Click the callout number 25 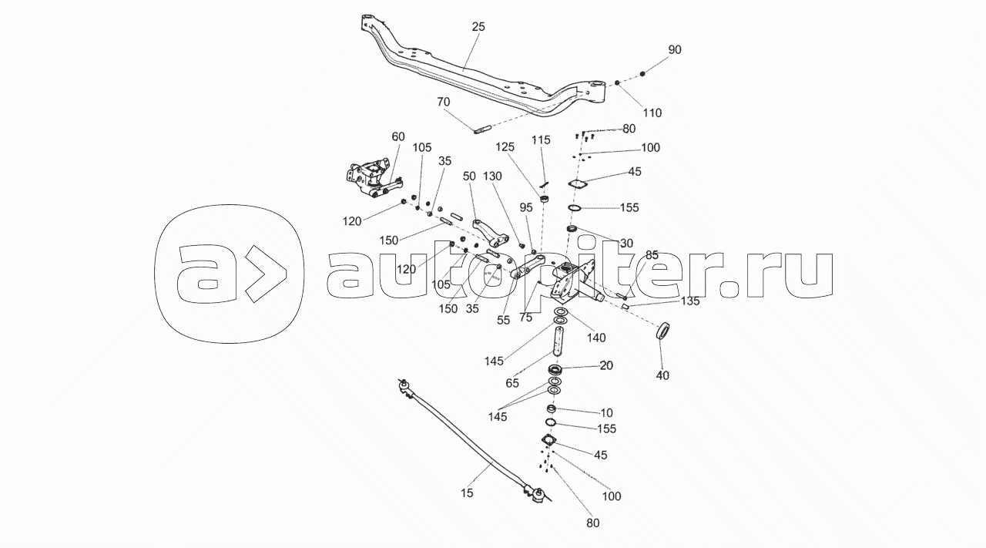[x=478, y=27]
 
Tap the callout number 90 [x=675, y=49]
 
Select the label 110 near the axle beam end [x=652, y=113]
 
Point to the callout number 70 [x=443, y=102]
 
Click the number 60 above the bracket [x=397, y=136]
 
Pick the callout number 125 [x=504, y=146]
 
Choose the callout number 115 [x=542, y=140]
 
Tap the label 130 [x=493, y=177]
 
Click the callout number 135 [x=689, y=301]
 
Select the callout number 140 [x=596, y=337]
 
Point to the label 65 [x=512, y=382]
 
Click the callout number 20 [x=606, y=365]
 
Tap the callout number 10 [x=606, y=413]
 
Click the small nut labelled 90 [x=643, y=72]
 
